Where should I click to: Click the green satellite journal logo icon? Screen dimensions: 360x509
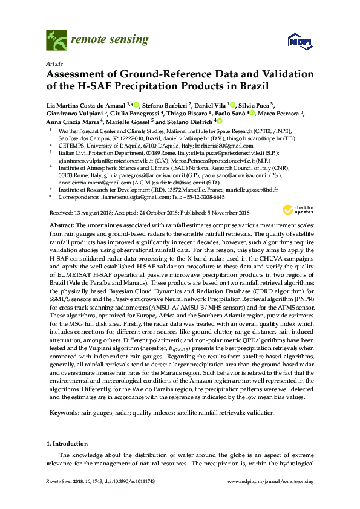(x=56, y=40)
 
